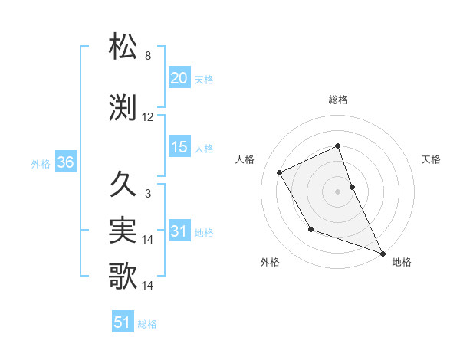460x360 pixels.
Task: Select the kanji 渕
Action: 124,106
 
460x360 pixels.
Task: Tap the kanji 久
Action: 124,183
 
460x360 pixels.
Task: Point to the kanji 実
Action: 124,229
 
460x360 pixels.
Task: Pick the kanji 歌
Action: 124,275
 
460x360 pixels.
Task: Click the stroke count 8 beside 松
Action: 147,56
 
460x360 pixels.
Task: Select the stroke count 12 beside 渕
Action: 148,117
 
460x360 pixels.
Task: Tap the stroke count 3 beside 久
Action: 147,194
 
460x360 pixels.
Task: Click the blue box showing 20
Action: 179,78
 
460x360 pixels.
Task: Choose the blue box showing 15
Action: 179,147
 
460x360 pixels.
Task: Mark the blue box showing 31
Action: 179,231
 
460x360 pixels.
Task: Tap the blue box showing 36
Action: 65,162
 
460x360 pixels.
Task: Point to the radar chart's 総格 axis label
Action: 337,100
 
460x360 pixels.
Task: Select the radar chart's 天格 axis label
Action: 431,159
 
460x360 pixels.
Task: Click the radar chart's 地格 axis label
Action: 402,262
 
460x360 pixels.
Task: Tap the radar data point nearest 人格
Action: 280,173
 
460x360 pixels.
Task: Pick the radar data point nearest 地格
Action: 383,253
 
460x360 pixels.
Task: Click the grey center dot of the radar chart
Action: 337,191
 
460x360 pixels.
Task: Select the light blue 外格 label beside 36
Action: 41,163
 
